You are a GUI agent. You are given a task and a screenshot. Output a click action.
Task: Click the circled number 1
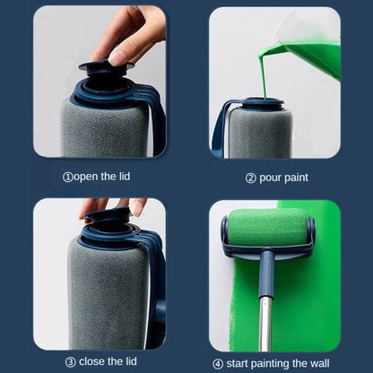(67, 176)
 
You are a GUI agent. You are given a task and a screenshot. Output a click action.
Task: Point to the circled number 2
(250, 178)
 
